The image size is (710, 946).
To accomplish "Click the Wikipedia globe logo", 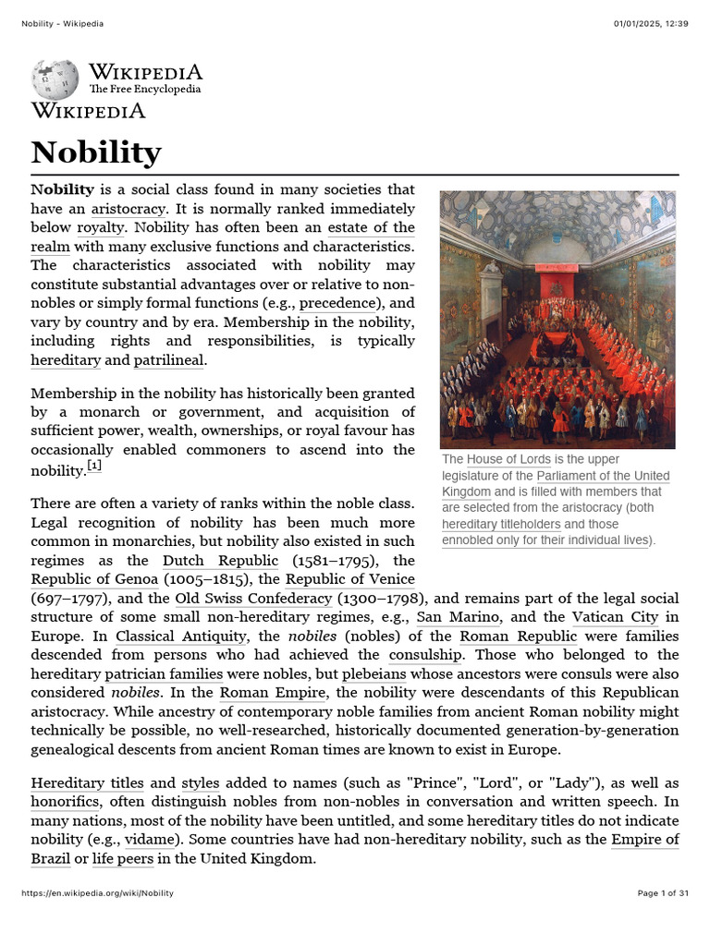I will click(55, 79).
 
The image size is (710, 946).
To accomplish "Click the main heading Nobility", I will click(96, 152).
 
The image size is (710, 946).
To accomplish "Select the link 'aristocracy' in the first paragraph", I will click(129, 209).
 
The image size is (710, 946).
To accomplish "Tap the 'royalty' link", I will click(100, 228).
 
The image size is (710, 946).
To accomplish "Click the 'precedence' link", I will click(338, 303).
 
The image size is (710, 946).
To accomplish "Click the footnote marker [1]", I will click(94, 466).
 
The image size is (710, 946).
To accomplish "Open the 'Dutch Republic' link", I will click(220, 561).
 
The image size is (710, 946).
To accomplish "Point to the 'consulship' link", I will click(425, 655).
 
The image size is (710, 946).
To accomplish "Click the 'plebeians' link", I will click(373, 673).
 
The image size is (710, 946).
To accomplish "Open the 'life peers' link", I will click(123, 858).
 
